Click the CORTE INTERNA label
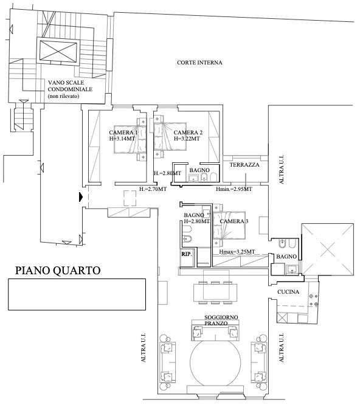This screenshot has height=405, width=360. pos(199,63)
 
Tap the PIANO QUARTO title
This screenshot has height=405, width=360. pos(58,271)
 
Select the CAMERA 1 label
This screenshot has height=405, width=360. pos(123,133)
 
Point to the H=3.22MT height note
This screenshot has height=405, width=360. pos(187,139)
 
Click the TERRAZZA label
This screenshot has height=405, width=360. pos(244,165)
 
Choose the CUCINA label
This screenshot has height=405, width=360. pos(288,292)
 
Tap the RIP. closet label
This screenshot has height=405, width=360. pos(187,254)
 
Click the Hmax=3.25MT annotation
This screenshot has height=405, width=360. pos(237,252)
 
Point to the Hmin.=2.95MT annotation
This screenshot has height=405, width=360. pos(234,189)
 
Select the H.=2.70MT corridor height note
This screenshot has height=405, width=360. pos(153,189)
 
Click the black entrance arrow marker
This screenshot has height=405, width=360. pos(81,197)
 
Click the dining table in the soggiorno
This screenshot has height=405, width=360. pos(215,292)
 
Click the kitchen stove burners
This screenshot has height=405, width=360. pos(314,300)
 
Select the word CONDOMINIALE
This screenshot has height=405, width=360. pos(70,89)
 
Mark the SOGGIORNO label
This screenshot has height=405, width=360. pos(221,317)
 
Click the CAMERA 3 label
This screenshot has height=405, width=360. pos(234,221)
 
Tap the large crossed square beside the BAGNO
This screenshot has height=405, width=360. pos(327,249)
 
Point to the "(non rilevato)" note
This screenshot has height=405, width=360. pos(63,96)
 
